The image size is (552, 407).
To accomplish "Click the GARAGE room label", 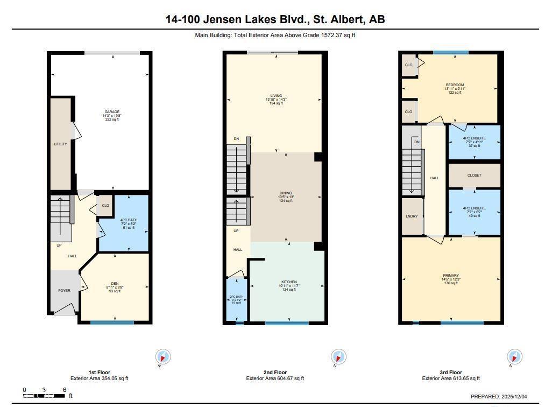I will coord(112,112).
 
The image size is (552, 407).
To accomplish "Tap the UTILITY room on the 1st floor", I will coord(60,144).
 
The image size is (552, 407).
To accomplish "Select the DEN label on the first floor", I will coord(114,283).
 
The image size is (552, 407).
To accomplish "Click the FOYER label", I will coord(65,291).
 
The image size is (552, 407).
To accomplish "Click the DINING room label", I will coord(285,193).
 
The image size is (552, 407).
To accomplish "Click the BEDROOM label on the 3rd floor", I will coord(455,85).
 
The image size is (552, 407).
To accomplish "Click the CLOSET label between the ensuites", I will coord(474,176).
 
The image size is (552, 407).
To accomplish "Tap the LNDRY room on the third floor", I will coord(412,216).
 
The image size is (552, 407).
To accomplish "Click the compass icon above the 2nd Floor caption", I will coord(338,356).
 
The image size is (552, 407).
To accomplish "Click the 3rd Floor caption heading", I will coord(450,372).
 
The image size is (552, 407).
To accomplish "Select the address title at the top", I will coord(275,20).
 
